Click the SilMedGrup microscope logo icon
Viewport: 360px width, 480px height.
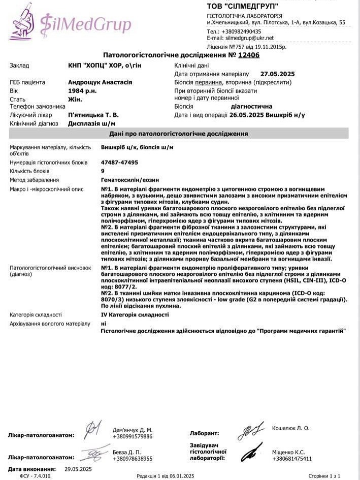point(21,21)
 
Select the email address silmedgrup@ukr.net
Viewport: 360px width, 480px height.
point(250,38)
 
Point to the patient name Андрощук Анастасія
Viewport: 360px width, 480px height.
point(100,82)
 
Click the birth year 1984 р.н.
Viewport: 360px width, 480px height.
point(80,90)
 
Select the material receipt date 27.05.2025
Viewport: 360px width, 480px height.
point(277,74)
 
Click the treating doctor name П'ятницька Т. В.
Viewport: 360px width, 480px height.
point(93,115)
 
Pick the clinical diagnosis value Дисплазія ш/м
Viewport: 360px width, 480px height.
point(91,123)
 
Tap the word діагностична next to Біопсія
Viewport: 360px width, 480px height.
point(251,107)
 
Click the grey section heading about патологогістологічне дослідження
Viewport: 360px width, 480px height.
point(179,134)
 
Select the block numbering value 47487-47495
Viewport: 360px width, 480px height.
point(119,163)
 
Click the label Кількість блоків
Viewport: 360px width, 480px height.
point(30,171)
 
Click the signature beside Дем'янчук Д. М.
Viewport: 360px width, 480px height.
point(93,430)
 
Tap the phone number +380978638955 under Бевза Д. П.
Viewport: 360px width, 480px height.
point(133,458)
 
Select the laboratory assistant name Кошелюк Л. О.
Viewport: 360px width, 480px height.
point(290,428)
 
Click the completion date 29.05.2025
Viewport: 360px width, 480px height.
point(78,468)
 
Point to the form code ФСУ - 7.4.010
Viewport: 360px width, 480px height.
point(35,476)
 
